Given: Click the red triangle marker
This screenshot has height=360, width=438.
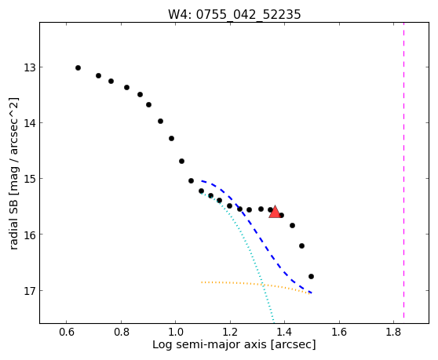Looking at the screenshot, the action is (x=275, y=212).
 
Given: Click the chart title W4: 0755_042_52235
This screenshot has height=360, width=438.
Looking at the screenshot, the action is (x=235, y=14).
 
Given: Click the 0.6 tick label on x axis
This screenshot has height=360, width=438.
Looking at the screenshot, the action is (x=66, y=332).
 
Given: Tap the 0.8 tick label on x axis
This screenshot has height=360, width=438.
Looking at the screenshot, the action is (x=121, y=332).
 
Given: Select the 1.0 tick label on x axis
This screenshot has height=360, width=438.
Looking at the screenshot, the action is (x=175, y=332).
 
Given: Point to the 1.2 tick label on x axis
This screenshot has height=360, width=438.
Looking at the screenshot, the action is (x=230, y=332).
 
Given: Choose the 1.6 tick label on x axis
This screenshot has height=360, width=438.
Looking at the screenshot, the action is (x=339, y=332).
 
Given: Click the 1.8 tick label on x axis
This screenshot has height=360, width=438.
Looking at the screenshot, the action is (x=393, y=332).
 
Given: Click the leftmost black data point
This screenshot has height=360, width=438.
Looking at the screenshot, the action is (x=78, y=67).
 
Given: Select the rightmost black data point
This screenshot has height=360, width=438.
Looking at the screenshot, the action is (x=311, y=277).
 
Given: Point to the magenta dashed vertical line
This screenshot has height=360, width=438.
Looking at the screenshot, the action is (x=403, y=170).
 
